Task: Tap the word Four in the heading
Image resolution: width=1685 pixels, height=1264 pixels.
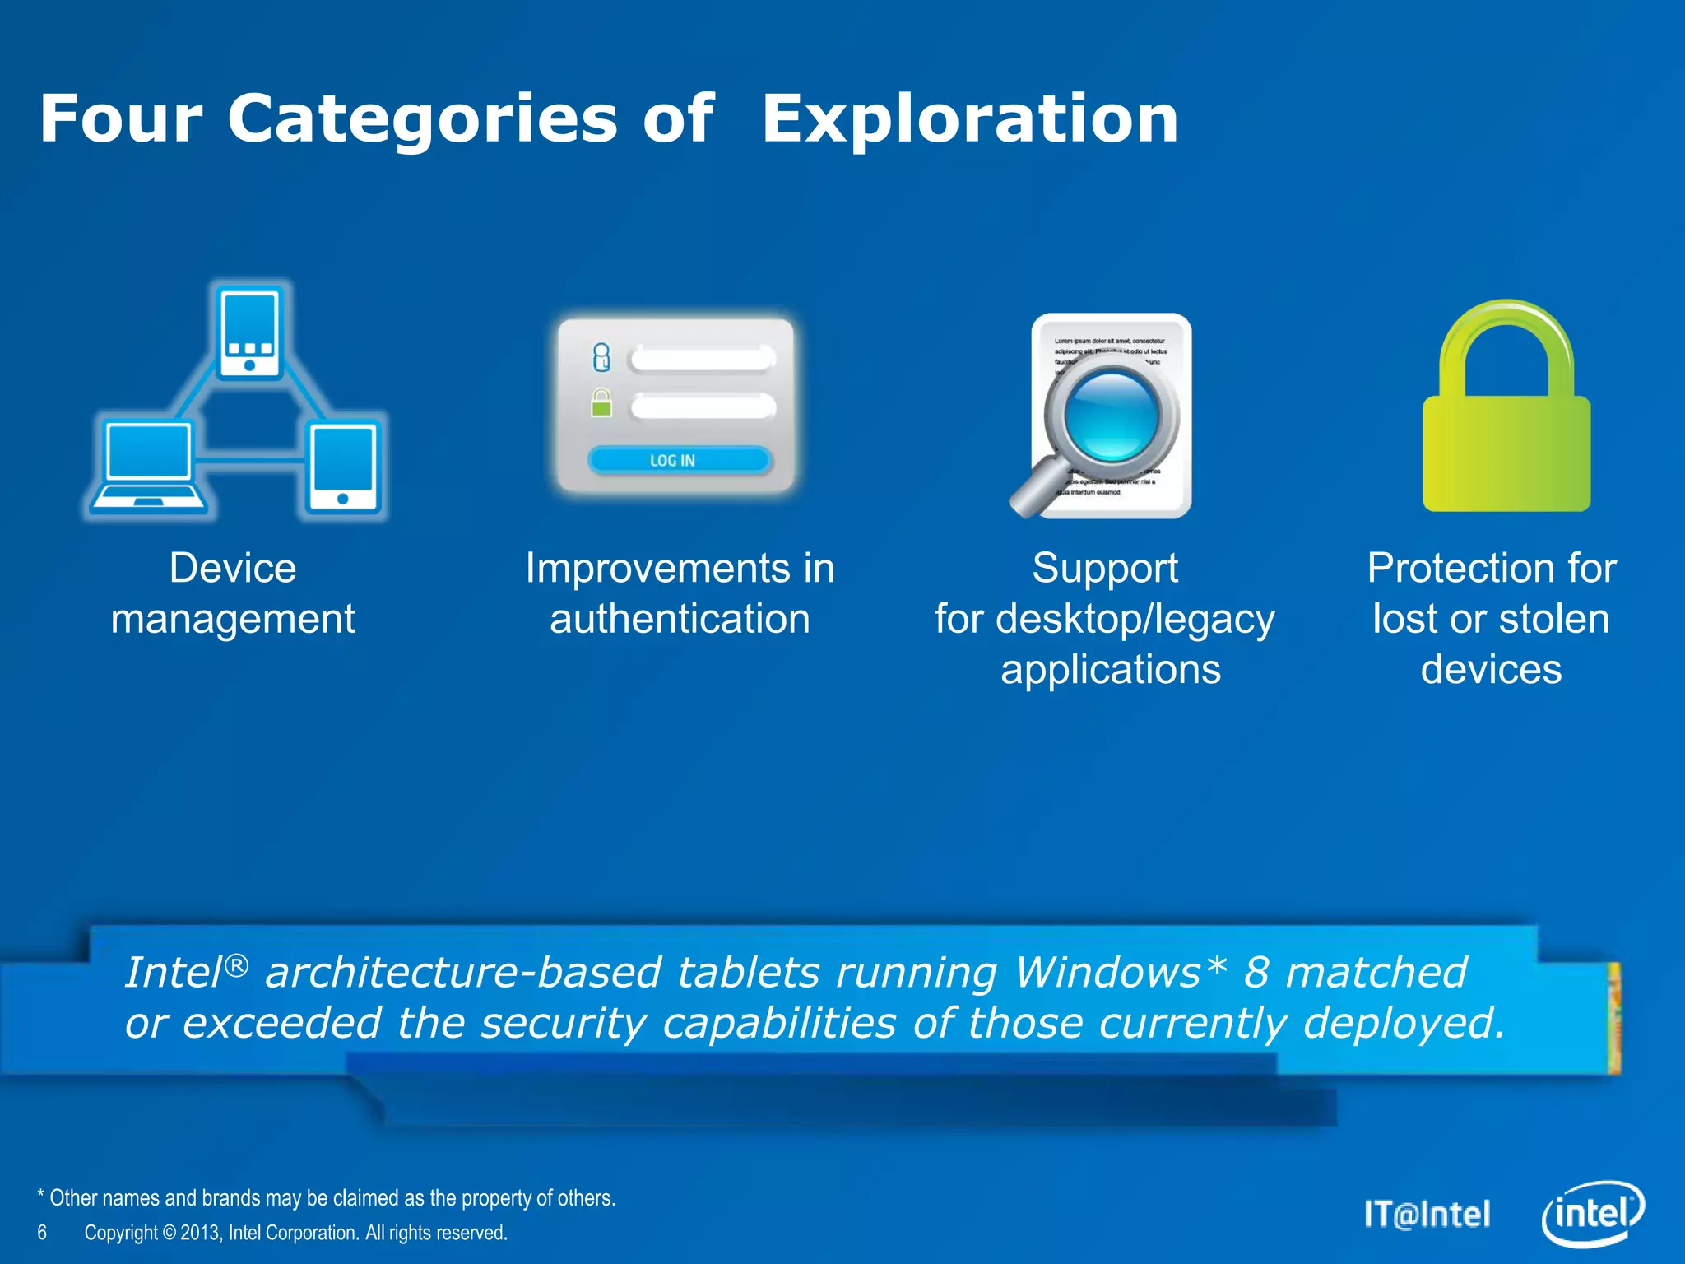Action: click(x=121, y=119)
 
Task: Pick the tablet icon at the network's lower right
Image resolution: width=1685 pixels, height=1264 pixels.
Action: click(x=343, y=467)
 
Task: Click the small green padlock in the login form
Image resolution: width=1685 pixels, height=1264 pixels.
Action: click(x=601, y=403)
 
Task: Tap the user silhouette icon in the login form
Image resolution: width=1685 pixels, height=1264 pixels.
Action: click(x=601, y=357)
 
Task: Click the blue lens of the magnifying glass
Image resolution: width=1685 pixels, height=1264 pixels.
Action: click(x=1111, y=413)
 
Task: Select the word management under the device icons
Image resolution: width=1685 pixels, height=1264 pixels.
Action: click(x=233, y=619)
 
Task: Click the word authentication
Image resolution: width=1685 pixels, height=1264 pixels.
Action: click(x=680, y=619)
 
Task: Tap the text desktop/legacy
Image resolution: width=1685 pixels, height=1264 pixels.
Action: click(x=1135, y=619)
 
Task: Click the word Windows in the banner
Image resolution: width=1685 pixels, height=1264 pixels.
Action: click(x=1107, y=972)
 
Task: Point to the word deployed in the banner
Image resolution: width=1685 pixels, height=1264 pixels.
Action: click(x=1404, y=1023)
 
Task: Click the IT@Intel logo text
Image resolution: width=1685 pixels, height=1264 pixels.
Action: click(x=1427, y=1215)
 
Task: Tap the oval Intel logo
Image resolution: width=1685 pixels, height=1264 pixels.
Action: click(x=1592, y=1215)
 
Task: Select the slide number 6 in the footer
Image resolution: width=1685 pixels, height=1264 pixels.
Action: click(x=42, y=1233)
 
